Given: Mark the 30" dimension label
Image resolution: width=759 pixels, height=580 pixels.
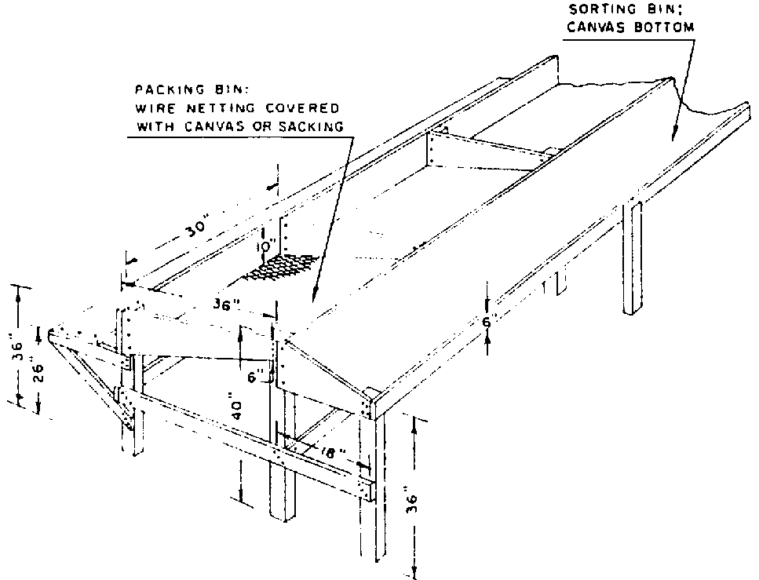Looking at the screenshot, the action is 198,227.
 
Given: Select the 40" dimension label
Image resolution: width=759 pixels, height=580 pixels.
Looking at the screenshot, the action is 237,409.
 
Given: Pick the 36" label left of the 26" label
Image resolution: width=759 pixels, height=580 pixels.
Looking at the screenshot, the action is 16,349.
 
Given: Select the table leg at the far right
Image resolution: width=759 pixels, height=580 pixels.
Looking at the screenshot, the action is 632,257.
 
